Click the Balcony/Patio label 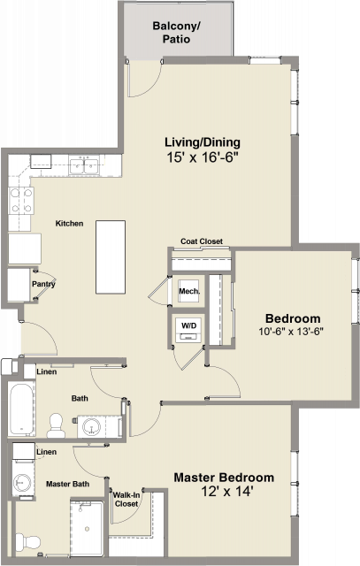(176, 32)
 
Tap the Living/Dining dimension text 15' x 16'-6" (203, 157)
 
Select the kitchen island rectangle (111, 257)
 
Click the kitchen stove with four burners (21, 201)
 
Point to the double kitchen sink (85, 166)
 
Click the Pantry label (43, 284)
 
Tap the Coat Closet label (202, 241)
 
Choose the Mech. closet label (189, 291)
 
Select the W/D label (189, 326)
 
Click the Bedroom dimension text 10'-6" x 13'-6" (291, 332)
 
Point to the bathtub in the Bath (22, 409)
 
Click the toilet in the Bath (56, 425)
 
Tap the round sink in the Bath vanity (91, 426)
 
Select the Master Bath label (67, 484)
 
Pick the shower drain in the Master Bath (87, 529)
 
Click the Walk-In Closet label (126, 499)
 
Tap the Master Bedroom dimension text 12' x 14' (226, 492)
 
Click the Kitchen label (69, 224)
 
